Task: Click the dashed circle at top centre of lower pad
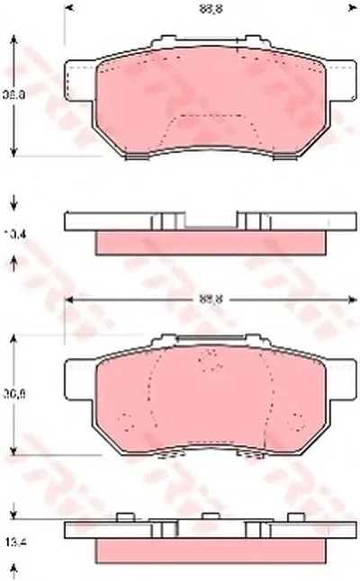click(211, 362)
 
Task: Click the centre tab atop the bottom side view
click(210, 516)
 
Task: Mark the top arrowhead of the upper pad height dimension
click(13, 40)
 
